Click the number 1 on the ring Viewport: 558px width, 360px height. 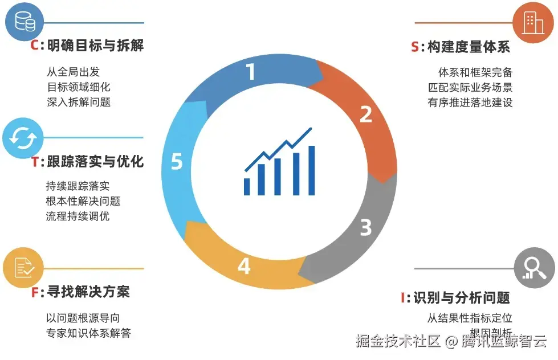pyautogui.click(x=251, y=72)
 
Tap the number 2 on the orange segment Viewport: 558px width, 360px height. pyautogui.click(x=366, y=114)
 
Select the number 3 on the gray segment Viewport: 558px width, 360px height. pyautogui.click(x=366, y=228)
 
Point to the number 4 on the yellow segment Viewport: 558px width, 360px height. pyautogui.click(x=244, y=266)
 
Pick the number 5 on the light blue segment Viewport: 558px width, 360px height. pyautogui.click(x=177, y=162)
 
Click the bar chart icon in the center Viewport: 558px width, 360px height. pyautogui.click(x=279, y=162)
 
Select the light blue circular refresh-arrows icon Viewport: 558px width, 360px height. pyautogui.click(x=23, y=137)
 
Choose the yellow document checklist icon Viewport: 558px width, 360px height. pyautogui.click(x=23, y=268)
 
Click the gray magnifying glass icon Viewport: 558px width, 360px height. pyautogui.click(x=533, y=267)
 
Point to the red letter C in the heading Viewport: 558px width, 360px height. pyautogui.click(x=34, y=46)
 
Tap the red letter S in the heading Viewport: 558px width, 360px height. pyautogui.click(x=415, y=47)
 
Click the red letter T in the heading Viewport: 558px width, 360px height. pyautogui.click(x=35, y=162)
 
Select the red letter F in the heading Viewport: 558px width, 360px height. pyautogui.click(x=35, y=293)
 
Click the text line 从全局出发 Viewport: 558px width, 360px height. pyautogui.click(x=74, y=72)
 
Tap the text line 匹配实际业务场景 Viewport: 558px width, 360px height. pyautogui.click(x=470, y=88)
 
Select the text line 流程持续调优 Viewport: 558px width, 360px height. pyautogui.click(x=78, y=216)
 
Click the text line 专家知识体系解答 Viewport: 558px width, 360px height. pyautogui.click(x=88, y=333)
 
